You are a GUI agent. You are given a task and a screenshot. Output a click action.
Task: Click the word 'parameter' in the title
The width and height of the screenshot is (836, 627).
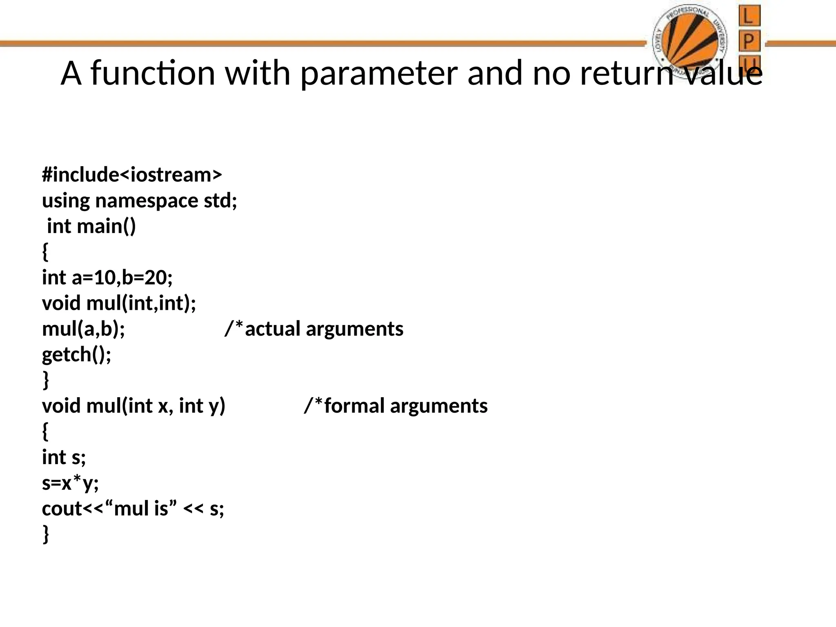pyautogui.click(x=379, y=73)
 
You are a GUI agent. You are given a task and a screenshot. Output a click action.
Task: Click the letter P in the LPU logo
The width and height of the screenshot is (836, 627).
pyautogui.click(x=749, y=41)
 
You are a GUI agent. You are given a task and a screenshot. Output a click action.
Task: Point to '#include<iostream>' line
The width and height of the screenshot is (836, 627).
pyautogui.click(x=132, y=175)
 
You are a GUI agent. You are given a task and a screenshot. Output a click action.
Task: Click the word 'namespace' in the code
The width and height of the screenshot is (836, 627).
pyautogui.click(x=147, y=201)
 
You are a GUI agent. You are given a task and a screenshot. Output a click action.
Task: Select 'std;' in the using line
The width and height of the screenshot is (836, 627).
pyautogui.click(x=220, y=201)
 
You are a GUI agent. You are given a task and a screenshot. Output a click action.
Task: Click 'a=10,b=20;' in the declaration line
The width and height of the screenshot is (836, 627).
pyautogui.click(x=122, y=278)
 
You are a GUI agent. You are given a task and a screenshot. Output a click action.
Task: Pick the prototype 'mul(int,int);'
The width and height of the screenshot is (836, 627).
pyautogui.click(x=141, y=303)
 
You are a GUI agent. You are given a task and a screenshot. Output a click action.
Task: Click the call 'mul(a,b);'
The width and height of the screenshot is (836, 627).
pyautogui.click(x=84, y=329)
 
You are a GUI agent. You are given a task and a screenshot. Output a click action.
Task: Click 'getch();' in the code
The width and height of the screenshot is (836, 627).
pyautogui.click(x=77, y=354)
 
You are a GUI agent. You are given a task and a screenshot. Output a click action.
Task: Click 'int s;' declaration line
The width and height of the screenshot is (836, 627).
pyautogui.click(x=64, y=457)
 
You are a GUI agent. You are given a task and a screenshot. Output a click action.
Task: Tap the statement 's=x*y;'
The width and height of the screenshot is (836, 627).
pyautogui.click(x=70, y=483)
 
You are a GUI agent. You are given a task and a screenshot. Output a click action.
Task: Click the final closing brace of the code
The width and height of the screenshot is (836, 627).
pyautogui.click(x=46, y=534)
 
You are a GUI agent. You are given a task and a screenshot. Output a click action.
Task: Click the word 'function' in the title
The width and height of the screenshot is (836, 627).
pyautogui.click(x=153, y=73)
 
